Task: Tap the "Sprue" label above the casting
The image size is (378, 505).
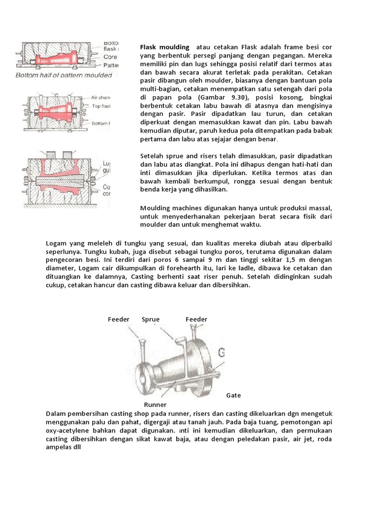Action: (x=151, y=320)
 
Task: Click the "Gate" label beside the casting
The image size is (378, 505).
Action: (x=233, y=396)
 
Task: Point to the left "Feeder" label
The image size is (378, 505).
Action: (x=119, y=320)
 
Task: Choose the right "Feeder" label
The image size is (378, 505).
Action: (x=196, y=320)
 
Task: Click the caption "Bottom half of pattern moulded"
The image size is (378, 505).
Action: (x=64, y=76)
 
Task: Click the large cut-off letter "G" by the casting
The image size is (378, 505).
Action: (x=221, y=353)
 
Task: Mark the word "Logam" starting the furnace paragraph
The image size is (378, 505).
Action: (x=57, y=243)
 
